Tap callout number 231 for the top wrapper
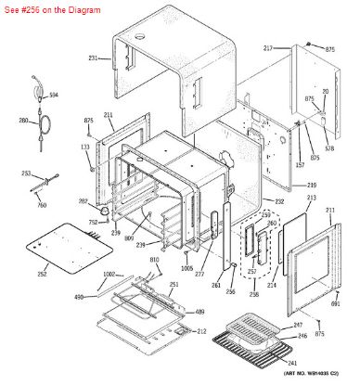point(93,58)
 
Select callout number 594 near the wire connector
point(54,96)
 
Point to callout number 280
point(23,121)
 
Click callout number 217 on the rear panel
point(268,47)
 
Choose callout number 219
point(312,186)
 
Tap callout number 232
point(279,201)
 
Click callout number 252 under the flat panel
point(42,275)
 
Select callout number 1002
point(109,275)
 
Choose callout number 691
point(337,303)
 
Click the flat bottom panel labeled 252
point(60,247)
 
